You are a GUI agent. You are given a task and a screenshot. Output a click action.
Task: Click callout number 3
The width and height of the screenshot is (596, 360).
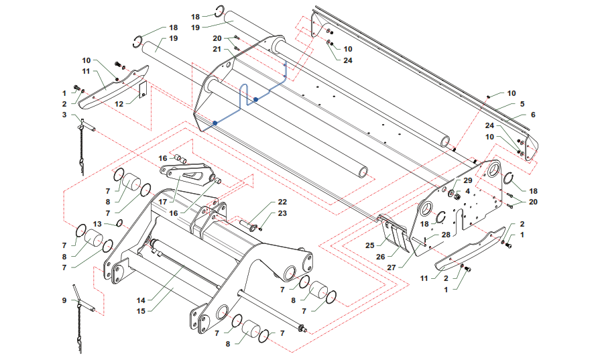[64, 115]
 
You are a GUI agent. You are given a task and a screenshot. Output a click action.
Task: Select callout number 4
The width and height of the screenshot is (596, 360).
[467, 192]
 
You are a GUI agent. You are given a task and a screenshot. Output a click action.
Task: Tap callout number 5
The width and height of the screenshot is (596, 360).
[522, 104]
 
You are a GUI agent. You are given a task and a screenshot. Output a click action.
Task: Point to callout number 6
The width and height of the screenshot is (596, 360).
[533, 115]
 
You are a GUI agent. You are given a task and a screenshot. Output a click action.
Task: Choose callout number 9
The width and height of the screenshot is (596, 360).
[64, 300]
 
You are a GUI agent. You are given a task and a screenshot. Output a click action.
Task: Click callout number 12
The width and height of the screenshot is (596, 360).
[119, 104]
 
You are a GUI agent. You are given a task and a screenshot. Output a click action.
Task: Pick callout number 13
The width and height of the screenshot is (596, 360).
[97, 224]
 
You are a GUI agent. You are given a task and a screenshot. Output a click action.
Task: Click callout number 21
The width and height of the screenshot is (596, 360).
[217, 49]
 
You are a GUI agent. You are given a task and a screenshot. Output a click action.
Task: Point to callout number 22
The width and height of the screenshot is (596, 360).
[282, 202]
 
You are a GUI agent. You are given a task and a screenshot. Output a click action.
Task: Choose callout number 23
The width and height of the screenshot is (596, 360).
[282, 213]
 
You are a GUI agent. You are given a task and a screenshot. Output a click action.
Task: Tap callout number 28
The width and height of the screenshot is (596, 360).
[446, 235]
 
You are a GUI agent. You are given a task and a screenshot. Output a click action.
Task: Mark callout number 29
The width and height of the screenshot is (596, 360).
[468, 181]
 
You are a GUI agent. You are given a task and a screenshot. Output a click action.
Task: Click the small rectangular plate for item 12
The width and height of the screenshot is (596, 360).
[143, 90]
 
